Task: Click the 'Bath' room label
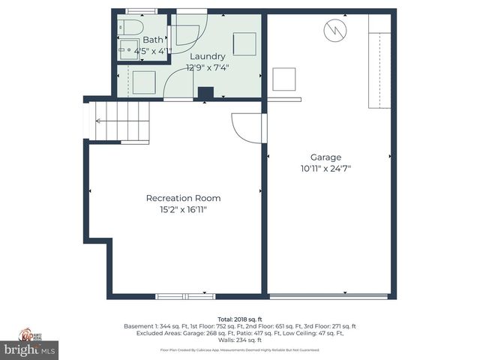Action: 152,40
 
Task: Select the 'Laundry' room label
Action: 208,56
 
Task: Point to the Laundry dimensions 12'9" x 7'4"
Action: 208,67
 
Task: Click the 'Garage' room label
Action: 325,157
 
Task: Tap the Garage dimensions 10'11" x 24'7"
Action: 325,169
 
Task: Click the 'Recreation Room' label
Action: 183,198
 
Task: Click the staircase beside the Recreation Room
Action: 120,121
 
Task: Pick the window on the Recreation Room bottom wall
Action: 179,296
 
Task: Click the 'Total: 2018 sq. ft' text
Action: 239,319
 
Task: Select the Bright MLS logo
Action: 29,349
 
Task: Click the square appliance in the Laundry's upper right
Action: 244,43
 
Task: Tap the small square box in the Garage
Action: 284,79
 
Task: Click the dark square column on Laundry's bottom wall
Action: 205,93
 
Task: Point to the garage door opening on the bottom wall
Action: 330,296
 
